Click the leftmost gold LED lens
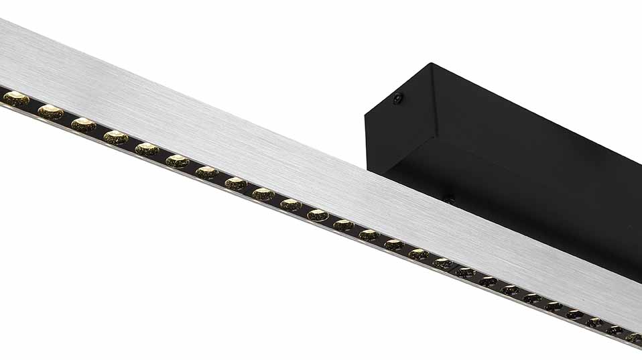(16, 99)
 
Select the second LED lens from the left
(50, 112)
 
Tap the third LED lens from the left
(84, 124)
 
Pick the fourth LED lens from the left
(116, 137)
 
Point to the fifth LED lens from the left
(147, 149)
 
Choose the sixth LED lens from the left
(178, 161)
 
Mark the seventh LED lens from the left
(207, 172)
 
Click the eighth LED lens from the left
(236, 183)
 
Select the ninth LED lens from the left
(263, 194)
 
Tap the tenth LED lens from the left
(291, 204)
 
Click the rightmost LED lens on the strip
(633, 338)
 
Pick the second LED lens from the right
(615, 330)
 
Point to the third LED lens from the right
(595, 322)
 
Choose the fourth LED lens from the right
(575, 314)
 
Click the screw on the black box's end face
(398, 99)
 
